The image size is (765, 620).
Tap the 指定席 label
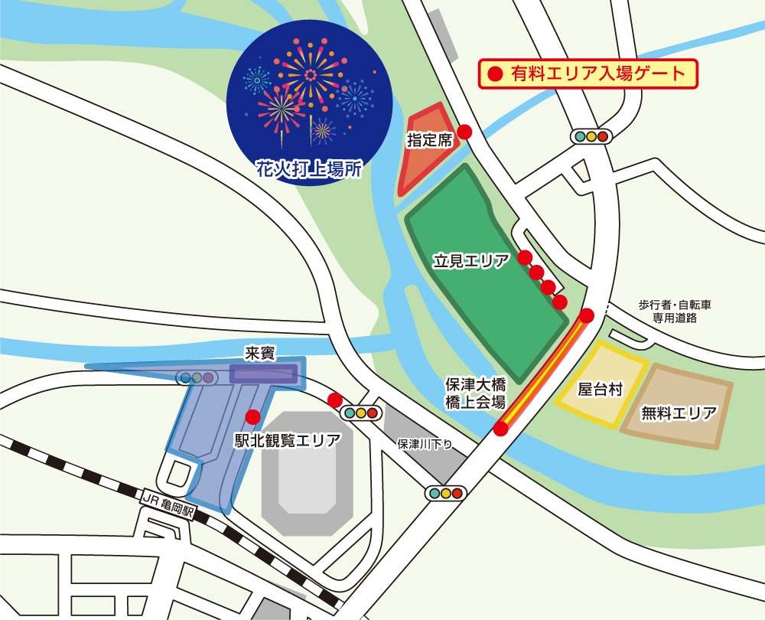(430, 140)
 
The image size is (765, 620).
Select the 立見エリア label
(471, 261)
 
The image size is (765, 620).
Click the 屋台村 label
(600, 390)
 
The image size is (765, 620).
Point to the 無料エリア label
(679, 414)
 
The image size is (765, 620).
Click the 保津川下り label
(426, 444)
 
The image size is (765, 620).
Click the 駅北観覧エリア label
(288, 441)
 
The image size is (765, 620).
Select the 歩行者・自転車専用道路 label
(675, 311)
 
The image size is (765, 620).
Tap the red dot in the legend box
(494, 74)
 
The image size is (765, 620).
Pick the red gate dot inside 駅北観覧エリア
(252, 417)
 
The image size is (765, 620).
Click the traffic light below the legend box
(591, 136)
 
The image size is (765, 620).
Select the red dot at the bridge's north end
(587, 315)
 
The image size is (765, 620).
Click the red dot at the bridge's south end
(500, 429)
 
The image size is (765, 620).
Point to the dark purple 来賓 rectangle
(264, 374)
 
